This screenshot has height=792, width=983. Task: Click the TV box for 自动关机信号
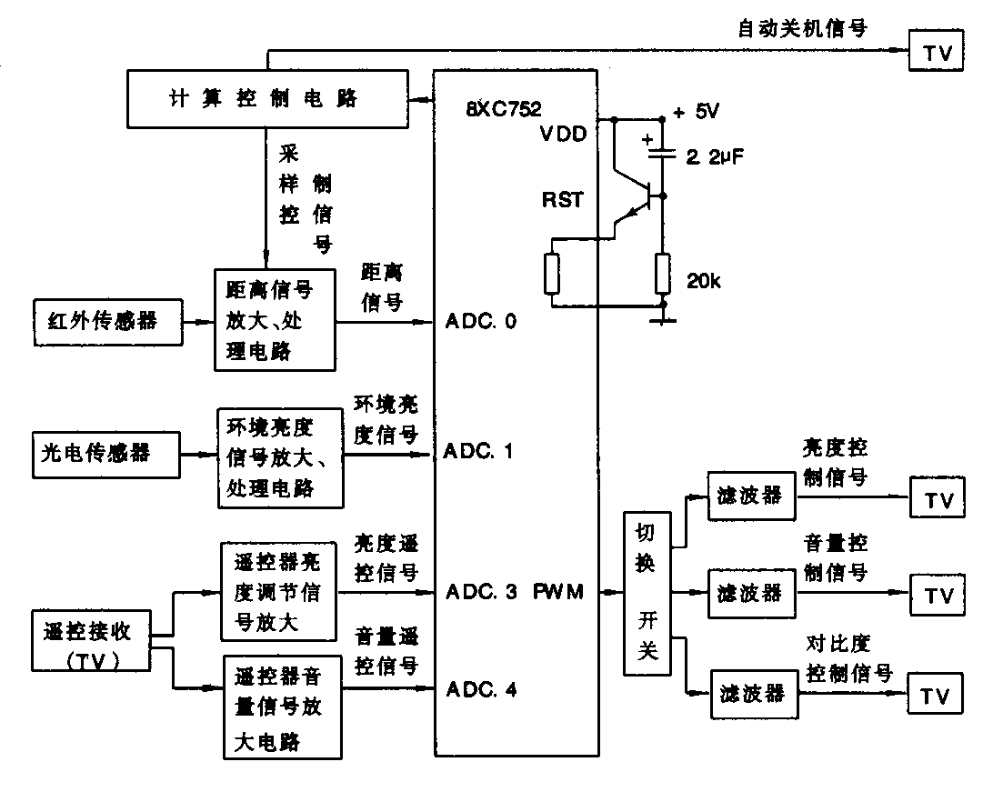937,54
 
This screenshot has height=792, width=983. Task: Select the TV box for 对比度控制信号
937,696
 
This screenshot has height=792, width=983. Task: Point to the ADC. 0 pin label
481,322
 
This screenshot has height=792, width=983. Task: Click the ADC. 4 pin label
481,689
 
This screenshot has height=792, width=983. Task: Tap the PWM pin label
558,592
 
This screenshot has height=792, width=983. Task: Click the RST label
563,200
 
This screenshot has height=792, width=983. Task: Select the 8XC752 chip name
503,109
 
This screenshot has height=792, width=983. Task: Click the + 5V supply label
696,113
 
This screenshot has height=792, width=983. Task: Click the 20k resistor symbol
663,274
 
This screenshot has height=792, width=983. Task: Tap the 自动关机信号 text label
802,28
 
